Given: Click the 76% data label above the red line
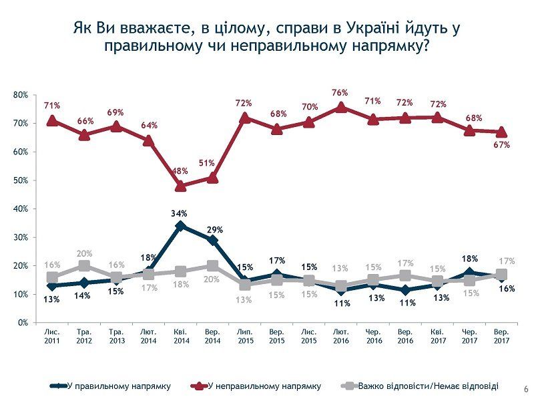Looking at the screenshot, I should pyautogui.click(x=341, y=93).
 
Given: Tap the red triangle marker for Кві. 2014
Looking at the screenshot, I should pyautogui.click(x=180, y=186).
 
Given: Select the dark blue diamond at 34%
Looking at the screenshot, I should pyautogui.click(x=180, y=226).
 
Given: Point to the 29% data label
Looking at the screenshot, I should pyautogui.click(x=213, y=229).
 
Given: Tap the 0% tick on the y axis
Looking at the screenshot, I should pyautogui.click(x=23, y=323).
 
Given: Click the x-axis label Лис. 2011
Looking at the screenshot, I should pyautogui.click(x=52, y=336).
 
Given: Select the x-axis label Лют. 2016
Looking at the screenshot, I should pyautogui.click(x=341, y=336).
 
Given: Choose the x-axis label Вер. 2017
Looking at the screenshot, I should pyautogui.click(x=501, y=336).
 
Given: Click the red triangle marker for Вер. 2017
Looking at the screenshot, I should pyautogui.click(x=501, y=132).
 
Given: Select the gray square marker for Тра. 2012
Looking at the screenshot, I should pyautogui.click(x=84, y=266).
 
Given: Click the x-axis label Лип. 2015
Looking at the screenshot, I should pyautogui.click(x=244, y=336).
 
